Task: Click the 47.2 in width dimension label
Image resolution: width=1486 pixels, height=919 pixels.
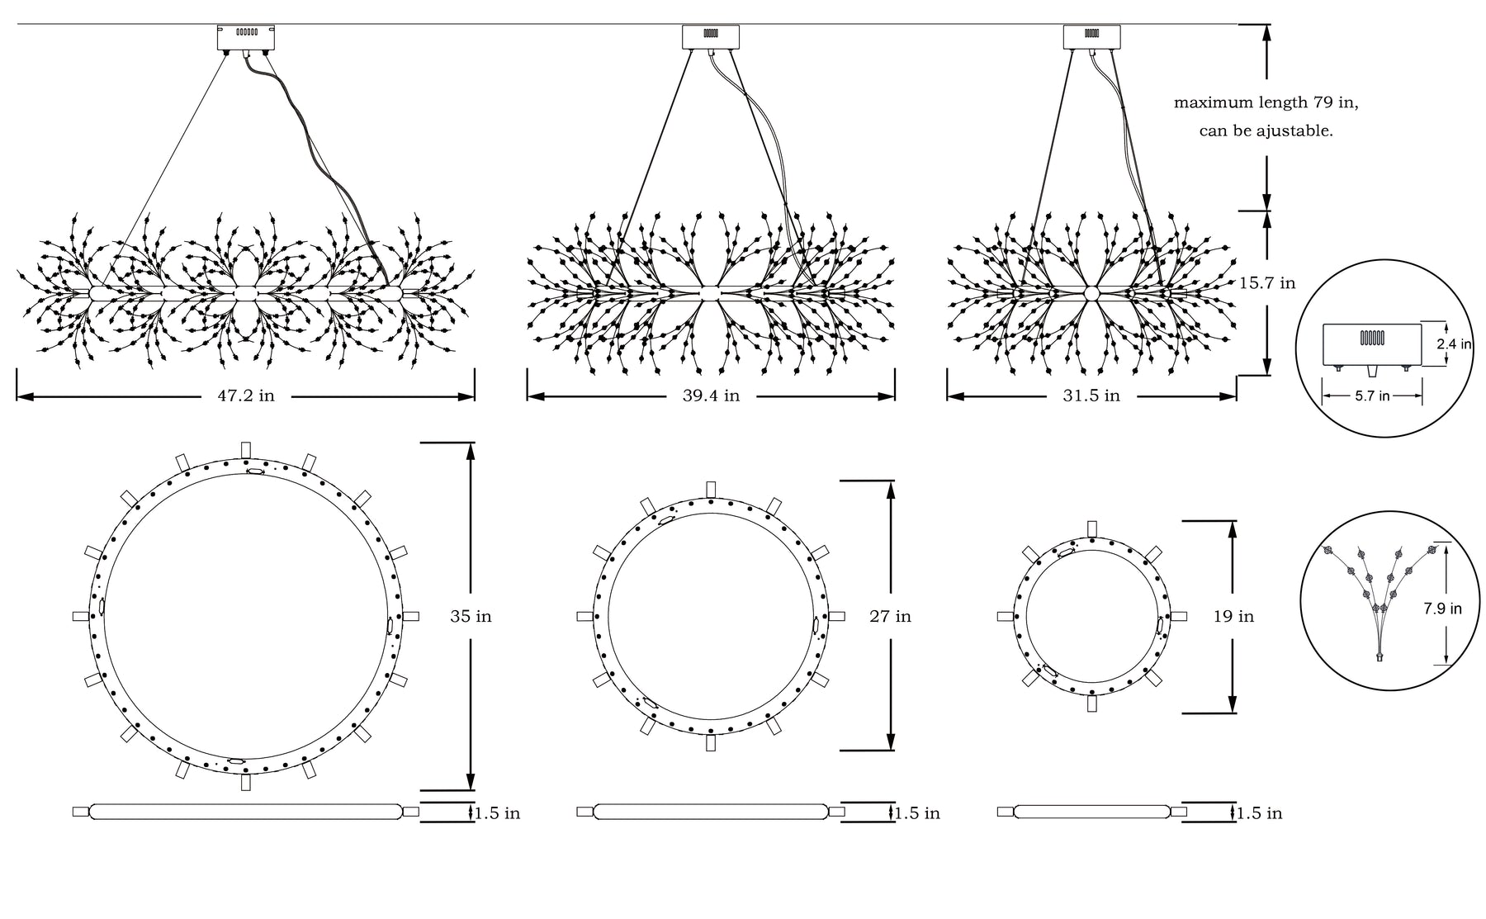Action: coord(246,396)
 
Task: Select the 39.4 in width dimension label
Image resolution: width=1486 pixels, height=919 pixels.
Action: coord(711,396)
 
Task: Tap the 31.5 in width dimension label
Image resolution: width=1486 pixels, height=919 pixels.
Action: coord(1091,396)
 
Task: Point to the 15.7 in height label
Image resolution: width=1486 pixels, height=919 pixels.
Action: coord(1267,283)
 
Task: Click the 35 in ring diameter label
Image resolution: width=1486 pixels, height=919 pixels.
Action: coord(471,616)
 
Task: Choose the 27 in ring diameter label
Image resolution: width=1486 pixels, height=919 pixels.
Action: coord(890,616)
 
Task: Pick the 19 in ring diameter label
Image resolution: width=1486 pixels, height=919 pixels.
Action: coord(1233,616)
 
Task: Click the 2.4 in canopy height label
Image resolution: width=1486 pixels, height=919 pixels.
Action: coord(1455,344)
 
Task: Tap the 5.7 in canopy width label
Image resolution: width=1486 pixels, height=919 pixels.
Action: coord(1372,396)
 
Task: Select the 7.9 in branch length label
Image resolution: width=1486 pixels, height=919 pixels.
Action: coord(1442,609)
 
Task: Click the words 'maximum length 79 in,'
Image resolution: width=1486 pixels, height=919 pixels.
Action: coord(1266,103)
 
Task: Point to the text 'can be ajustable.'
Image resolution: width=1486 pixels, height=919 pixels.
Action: coord(1266,130)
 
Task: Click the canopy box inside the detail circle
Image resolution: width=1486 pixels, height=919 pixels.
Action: coord(1372,345)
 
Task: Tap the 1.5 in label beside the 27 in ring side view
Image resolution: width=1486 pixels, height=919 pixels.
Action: coord(917,813)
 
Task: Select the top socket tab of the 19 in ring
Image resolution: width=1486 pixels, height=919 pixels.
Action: coord(1092,528)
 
